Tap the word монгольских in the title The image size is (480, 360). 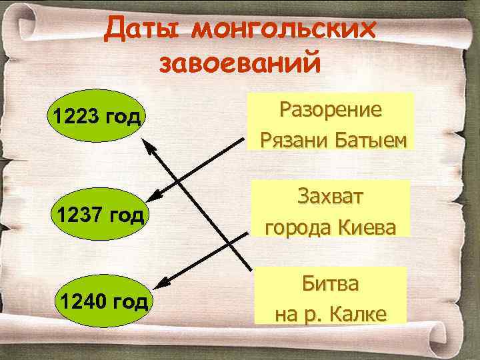pyautogui.click(x=283, y=30)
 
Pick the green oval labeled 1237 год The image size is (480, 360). pyautogui.click(x=100, y=215)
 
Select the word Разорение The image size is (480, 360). pyautogui.click(x=331, y=109)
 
